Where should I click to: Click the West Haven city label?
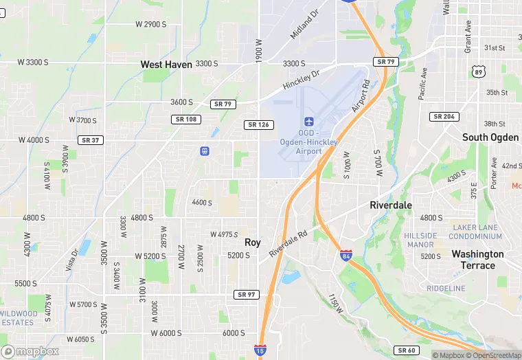[166, 64]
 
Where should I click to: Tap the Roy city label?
[253, 243]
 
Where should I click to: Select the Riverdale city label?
[391, 205]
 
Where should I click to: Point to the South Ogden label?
[490, 137]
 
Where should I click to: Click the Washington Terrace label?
[477, 260]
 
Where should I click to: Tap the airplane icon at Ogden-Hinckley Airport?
[309, 122]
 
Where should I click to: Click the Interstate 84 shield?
[346, 256]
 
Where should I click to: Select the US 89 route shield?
[478, 71]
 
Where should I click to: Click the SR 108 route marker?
[185, 120]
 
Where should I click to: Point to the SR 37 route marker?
[90, 140]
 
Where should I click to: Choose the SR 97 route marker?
[246, 294]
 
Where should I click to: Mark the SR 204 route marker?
[444, 117]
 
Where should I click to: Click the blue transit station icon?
[204, 151]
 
